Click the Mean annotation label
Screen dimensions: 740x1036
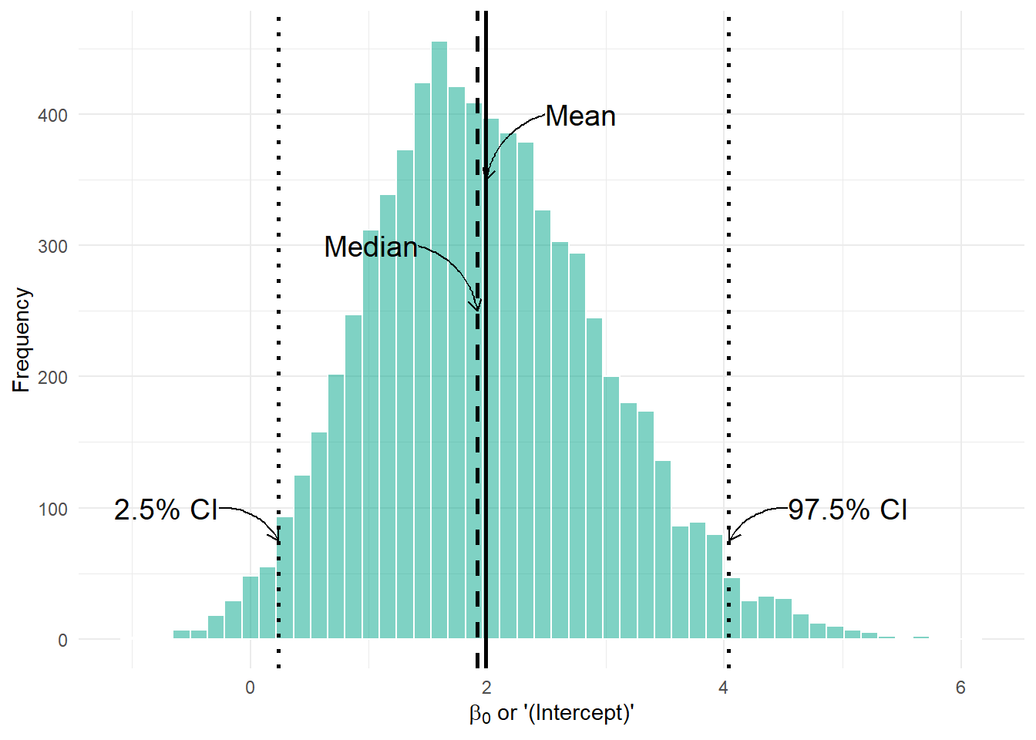pyautogui.click(x=580, y=116)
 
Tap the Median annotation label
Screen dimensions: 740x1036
pyautogui.click(x=371, y=247)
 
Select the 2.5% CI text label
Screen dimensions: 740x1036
pyautogui.click(x=166, y=510)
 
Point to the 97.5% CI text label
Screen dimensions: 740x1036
pyautogui.click(x=847, y=510)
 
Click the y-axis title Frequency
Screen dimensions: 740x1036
pyautogui.click(x=22, y=340)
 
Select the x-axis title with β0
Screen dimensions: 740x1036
pyautogui.click(x=551, y=713)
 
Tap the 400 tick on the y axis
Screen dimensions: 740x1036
pyautogui.click(x=52, y=116)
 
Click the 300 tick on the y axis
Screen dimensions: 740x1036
pyautogui.click(x=52, y=247)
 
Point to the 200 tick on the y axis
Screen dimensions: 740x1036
pyautogui.click(x=52, y=378)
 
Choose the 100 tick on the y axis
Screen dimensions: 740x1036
pyautogui.click(x=52, y=510)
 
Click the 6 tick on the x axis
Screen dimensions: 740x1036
pyautogui.click(x=960, y=688)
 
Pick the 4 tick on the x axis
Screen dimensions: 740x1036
pyautogui.click(x=723, y=688)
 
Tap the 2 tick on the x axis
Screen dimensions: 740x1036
pyautogui.click(x=486, y=688)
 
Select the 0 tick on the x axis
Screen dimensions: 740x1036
pyautogui.click(x=250, y=688)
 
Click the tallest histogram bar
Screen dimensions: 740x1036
pyautogui.click(x=439, y=339)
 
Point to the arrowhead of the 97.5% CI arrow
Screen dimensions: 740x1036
pyautogui.click(x=729, y=540)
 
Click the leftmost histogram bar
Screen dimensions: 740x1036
pyautogui.click(x=181, y=634)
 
